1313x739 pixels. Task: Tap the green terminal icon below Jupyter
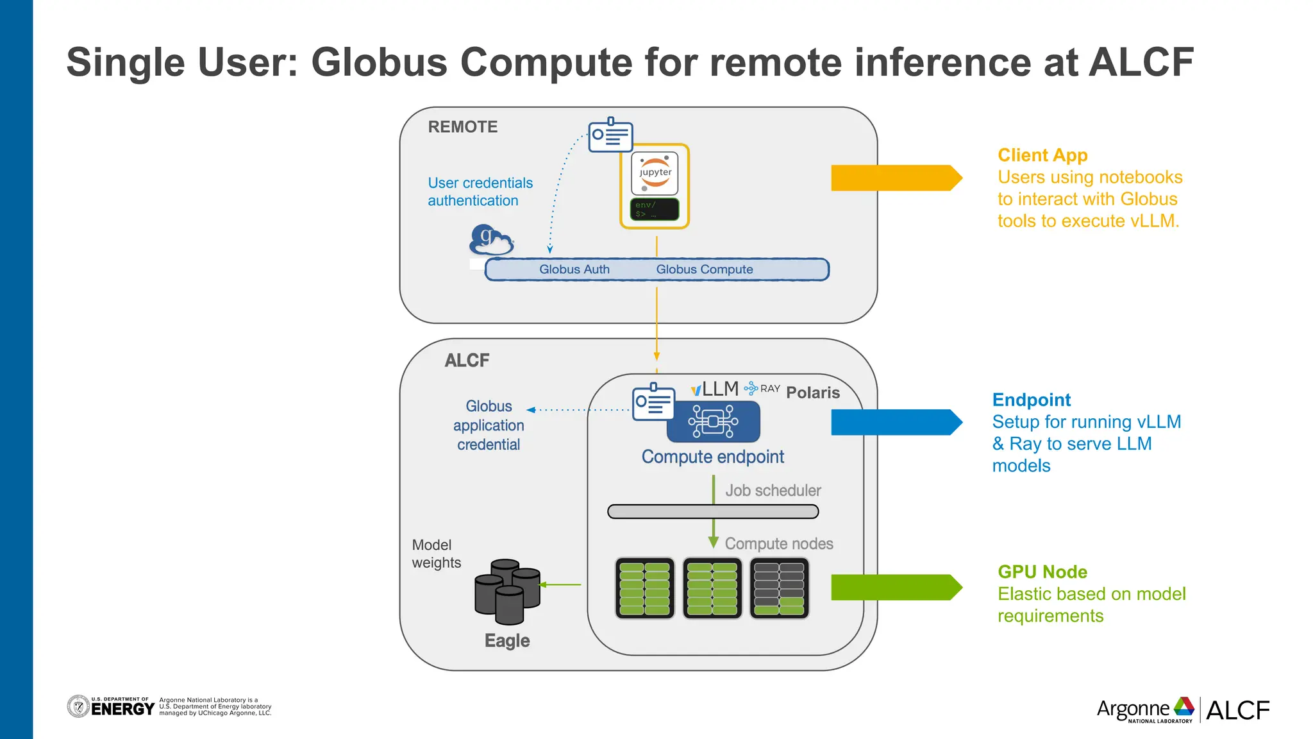point(655,209)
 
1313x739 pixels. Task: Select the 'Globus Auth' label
point(574,269)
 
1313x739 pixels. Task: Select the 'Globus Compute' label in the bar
point(704,269)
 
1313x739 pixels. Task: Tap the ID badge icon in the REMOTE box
point(610,135)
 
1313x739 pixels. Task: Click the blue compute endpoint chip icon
point(713,421)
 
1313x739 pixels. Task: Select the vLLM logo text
point(715,389)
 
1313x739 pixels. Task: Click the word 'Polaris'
point(812,393)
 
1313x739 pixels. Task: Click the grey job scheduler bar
point(713,511)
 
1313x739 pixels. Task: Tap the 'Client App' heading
point(1042,155)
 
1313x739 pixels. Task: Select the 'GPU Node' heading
point(1042,572)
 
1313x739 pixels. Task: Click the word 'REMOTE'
point(462,127)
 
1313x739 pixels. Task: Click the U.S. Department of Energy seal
point(78,707)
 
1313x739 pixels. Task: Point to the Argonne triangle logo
point(1183,707)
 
